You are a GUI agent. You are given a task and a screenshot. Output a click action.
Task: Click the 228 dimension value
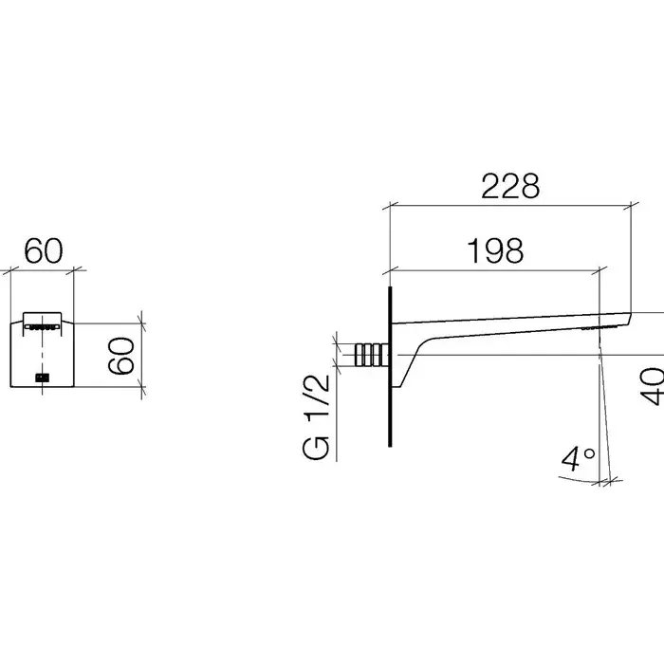click(x=510, y=186)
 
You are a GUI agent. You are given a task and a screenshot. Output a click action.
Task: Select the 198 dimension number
click(x=494, y=250)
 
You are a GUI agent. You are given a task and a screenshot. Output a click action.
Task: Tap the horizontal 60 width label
click(x=44, y=251)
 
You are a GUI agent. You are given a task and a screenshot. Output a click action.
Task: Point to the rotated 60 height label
click(x=121, y=356)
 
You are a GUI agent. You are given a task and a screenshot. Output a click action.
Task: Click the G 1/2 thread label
click(x=316, y=417)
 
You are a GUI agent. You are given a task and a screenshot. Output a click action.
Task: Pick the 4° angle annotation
click(x=578, y=458)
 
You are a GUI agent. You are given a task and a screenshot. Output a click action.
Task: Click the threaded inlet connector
click(x=372, y=355)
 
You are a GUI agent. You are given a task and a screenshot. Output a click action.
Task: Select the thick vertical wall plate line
click(x=390, y=366)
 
